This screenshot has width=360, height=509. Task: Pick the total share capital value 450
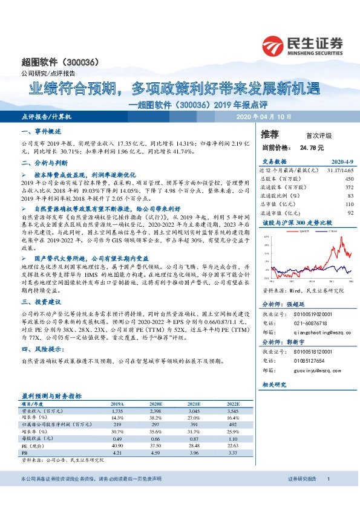(x=349, y=180)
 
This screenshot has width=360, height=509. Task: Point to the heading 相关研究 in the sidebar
(x=276, y=384)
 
